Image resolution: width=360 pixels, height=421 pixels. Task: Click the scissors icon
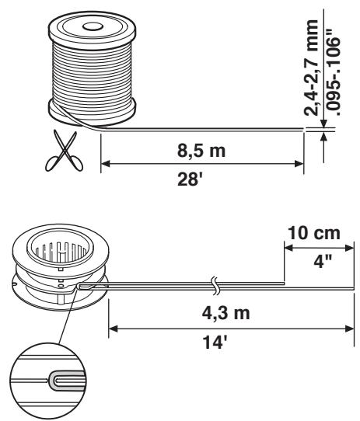[64, 151]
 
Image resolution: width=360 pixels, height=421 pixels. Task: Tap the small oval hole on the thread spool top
[93, 26]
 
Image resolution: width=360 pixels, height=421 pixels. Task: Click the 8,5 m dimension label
[201, 151]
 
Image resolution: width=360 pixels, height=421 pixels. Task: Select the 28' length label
[190, 179]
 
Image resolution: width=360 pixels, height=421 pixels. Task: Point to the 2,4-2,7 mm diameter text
[311, 68]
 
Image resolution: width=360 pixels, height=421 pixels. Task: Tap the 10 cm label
[314, 233]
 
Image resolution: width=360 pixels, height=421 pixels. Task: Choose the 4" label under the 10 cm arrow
[323, 260]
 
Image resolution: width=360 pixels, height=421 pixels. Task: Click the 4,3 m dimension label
[226, 313]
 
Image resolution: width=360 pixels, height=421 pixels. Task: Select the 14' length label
[215, 342]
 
